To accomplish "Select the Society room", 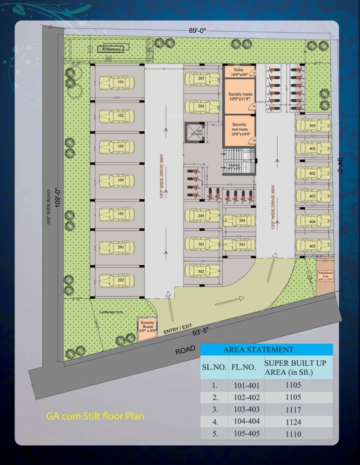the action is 240,99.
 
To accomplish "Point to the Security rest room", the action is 240,129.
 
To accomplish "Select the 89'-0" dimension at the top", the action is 198,30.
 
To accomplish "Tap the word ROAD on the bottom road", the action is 185,350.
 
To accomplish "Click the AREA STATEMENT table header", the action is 267,349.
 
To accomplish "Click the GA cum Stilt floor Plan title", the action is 96,417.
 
